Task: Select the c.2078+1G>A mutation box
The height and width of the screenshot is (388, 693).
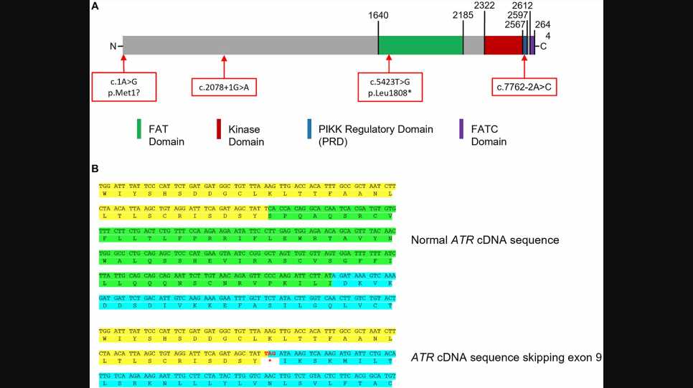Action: (x=224, y=87)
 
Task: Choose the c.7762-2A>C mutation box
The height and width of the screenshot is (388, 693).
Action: (x=524, y=87)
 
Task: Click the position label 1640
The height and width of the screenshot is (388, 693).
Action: (x=378, y=14)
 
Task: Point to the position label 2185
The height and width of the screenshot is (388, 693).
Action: (x=463, y=14)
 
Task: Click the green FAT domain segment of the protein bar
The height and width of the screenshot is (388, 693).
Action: (x=420, y=46)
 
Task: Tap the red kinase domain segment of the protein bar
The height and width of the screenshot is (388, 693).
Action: (x=503, y=46)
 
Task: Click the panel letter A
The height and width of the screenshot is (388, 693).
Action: (x=95, y=6)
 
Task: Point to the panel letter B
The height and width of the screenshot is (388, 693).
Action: (x=95, y=169)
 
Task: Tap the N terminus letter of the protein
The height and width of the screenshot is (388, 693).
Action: (x=113, y=47)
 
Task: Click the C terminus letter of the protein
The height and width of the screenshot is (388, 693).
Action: (x=543, y=47)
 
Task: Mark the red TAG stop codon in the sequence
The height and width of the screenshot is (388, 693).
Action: (x=270, y=354)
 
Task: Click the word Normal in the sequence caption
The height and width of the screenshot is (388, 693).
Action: (x=430, y=240)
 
